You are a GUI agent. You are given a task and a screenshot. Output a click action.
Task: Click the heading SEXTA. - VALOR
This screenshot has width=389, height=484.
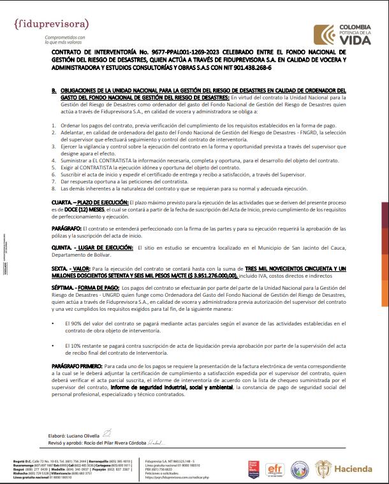(71, 270)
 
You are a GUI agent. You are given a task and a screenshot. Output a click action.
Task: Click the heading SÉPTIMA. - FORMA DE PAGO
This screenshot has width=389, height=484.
(85, 288)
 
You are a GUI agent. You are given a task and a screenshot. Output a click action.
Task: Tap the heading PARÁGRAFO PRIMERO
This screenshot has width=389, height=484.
(80, 367)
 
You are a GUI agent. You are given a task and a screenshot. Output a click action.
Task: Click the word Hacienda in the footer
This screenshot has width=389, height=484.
(357, 469)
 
